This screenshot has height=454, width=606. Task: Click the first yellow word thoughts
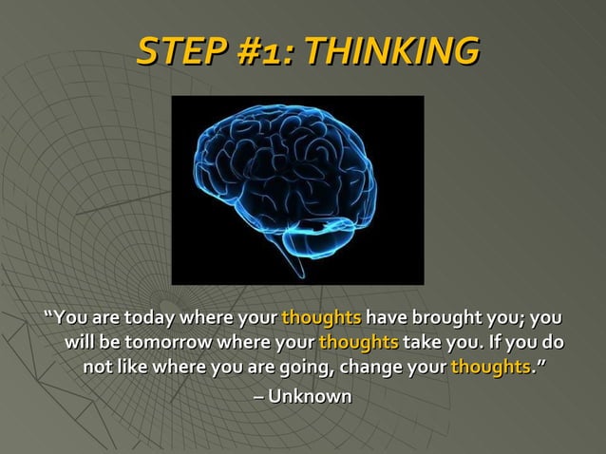pyautogui.click(x=321, y=317)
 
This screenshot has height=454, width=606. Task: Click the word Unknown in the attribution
pyautogui.click(x=310, y=395)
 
